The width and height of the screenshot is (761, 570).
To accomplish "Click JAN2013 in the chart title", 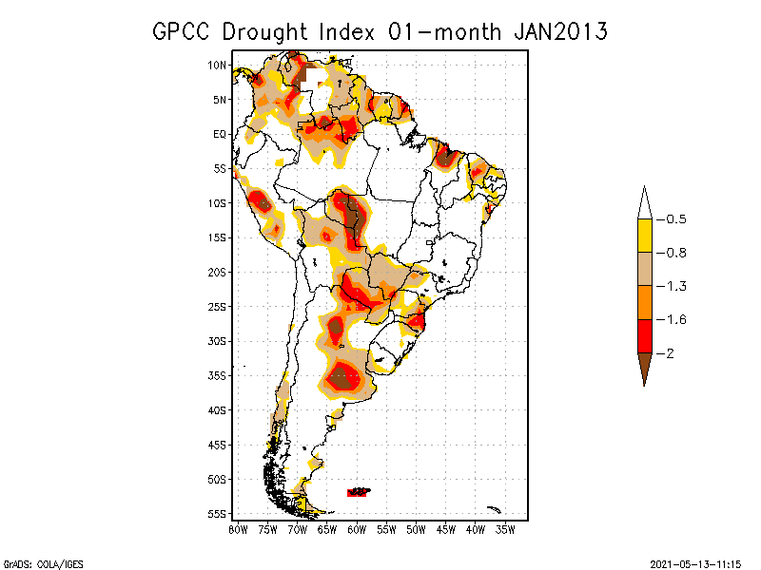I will click(x=560, y=31).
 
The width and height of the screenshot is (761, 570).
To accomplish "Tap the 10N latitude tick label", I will click(x=217, y=65).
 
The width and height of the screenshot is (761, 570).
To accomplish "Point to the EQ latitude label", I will click(x=219, y=134).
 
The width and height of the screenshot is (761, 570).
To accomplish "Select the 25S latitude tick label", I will click(x=217, y=306).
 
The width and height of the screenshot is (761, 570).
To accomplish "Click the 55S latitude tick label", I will click(x=217, y=513).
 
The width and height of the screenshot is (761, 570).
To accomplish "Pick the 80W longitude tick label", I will click(x=238, y=529).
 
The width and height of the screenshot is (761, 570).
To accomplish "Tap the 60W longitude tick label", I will click(x=357, y=529).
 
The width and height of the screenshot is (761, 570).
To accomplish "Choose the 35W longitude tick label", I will click(x=506, y=529).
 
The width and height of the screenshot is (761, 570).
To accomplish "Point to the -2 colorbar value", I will click(x=669, y=352).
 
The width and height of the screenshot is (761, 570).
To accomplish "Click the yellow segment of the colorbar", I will click(x=644, y=236).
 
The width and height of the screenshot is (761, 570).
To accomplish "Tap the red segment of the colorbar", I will click(x=644, y=335).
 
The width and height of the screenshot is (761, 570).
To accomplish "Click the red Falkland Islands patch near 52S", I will click(x=359, y=491).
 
